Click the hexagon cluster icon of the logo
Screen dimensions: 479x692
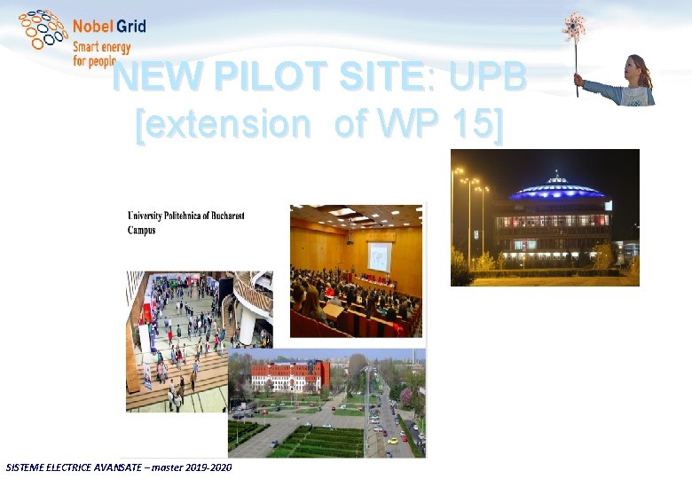pyautogui.click(x=43, y=29)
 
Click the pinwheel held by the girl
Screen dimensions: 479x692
pyautogui.click(x=574, y=27)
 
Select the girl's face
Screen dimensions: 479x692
pyautogui.click(x=637, y=67)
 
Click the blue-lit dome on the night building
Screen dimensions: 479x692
pyautogui.click(x=558, y=188)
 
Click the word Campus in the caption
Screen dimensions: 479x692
pyautogui.click(x=142, y=230)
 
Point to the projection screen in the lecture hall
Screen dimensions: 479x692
pyautogui.click(x=379, y=255)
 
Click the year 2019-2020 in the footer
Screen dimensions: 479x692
pyautogui.click(x=209, y=467)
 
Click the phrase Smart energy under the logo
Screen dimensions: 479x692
pyautogui.click(x=101, y=46)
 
